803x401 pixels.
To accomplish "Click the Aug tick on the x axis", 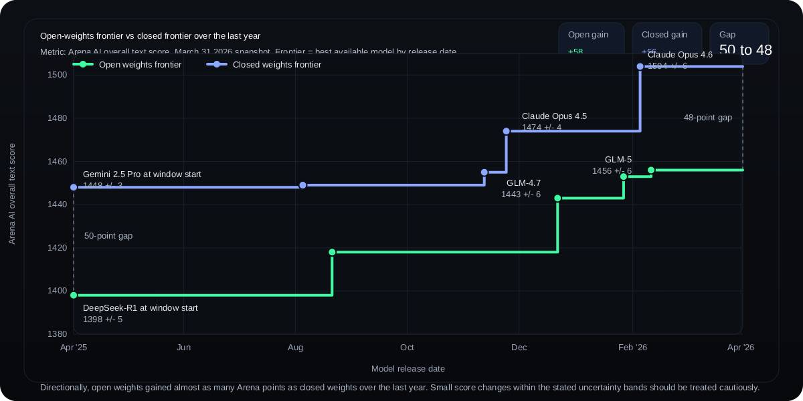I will (295, 348).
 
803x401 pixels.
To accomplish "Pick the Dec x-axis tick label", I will (519, 348).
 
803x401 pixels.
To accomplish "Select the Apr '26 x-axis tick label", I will (740, 348).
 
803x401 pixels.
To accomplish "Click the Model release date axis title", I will (408, 369).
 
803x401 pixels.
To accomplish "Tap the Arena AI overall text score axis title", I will (12, 194).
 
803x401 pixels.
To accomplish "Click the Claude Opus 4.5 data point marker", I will (507, 131).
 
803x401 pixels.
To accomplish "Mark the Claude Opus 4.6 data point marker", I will (640, 67).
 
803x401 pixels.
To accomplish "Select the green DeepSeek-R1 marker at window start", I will (74, 295).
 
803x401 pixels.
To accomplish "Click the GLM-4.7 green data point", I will (557, 198).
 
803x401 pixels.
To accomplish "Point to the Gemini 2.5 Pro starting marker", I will (74, 187).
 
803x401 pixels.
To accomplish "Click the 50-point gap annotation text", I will (108, 236).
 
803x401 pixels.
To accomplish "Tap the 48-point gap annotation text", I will (707, 118).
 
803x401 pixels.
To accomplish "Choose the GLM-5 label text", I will (618, 160).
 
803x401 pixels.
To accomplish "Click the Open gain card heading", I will (588, 35).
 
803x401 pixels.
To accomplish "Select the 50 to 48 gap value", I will (745, 50).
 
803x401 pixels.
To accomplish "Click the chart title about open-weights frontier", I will (150, 36).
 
